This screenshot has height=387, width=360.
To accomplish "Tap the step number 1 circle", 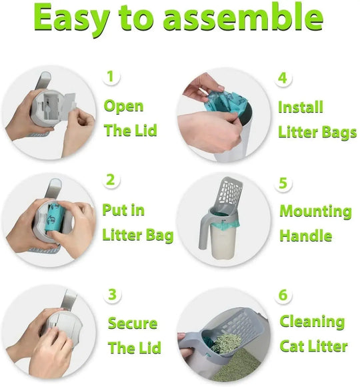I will (111, 75).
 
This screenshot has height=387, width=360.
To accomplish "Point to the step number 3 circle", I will (113, 294).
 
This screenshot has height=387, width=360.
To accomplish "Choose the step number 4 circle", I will (283, 77).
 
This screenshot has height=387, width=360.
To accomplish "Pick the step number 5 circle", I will (283, 182).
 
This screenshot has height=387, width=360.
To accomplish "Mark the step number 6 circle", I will (283, 294).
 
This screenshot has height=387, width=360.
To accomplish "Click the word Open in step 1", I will (123, 107).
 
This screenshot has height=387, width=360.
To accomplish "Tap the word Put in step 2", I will (114, 211).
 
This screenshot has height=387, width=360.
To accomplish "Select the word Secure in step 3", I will (133, 324).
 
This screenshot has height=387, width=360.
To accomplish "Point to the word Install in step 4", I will (301, 107).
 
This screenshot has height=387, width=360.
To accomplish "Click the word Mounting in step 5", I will (315, 212).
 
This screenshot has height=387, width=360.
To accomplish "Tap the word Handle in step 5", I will (306, 236).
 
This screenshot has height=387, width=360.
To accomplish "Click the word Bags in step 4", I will (339, 132).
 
